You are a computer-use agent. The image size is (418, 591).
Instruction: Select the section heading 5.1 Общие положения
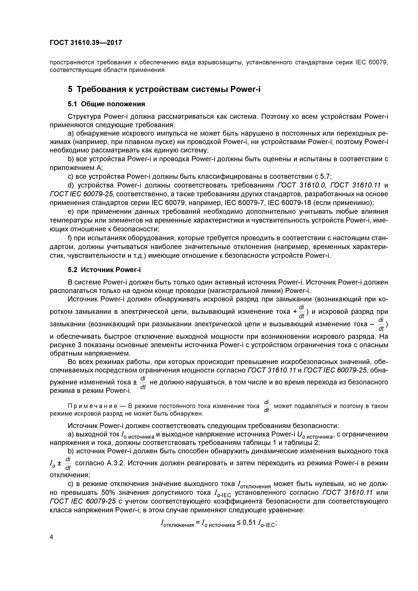(106, 104)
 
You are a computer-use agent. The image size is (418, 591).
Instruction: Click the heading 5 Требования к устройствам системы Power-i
(164, 89)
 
